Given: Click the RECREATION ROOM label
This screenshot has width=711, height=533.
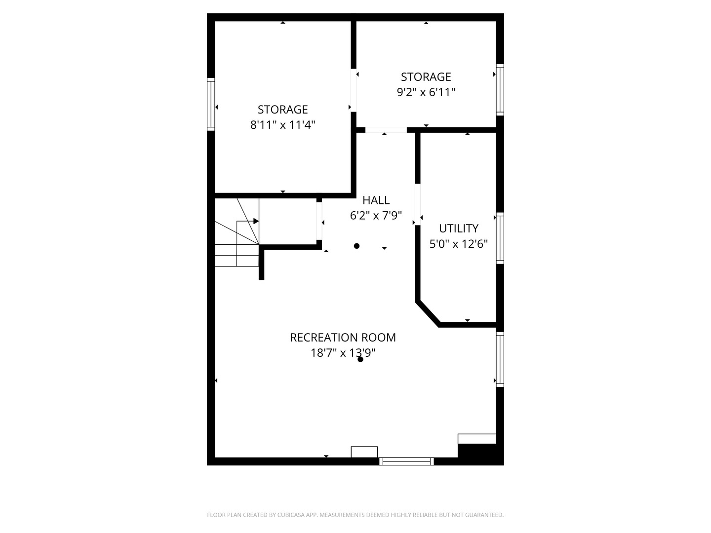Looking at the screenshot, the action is (343, 338).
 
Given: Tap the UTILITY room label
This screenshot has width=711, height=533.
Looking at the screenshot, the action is (458, 228).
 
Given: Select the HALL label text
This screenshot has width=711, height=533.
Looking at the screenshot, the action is (376, 200).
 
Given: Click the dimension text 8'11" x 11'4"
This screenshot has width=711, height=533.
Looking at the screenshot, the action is (282, 125).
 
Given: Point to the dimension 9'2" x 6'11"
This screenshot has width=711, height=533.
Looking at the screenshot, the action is (426, 92).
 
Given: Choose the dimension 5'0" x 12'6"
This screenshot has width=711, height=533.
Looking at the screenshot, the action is (458, 244).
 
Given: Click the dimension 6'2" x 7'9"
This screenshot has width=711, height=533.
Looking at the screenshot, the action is (376, 216).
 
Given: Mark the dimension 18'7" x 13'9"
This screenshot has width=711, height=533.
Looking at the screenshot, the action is (343, 353).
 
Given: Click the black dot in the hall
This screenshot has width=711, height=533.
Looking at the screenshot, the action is (356, 246).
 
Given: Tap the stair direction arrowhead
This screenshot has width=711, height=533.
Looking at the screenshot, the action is (256, 222).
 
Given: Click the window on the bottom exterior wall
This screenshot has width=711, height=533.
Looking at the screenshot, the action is (406, 461).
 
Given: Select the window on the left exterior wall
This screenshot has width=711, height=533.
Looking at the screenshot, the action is (211, 104).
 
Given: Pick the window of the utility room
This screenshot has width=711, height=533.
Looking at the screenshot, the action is (500, 238).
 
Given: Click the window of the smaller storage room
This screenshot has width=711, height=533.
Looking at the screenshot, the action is (500, 90).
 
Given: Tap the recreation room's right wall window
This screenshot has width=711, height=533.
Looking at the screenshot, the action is (500, 359).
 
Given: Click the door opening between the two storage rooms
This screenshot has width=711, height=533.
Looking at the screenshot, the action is (354, 90).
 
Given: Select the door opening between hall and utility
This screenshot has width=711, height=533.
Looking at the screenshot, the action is (418, 204).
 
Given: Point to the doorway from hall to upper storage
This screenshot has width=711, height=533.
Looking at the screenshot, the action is (386, 130).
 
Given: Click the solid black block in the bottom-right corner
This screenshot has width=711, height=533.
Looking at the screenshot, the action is (481, 455).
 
